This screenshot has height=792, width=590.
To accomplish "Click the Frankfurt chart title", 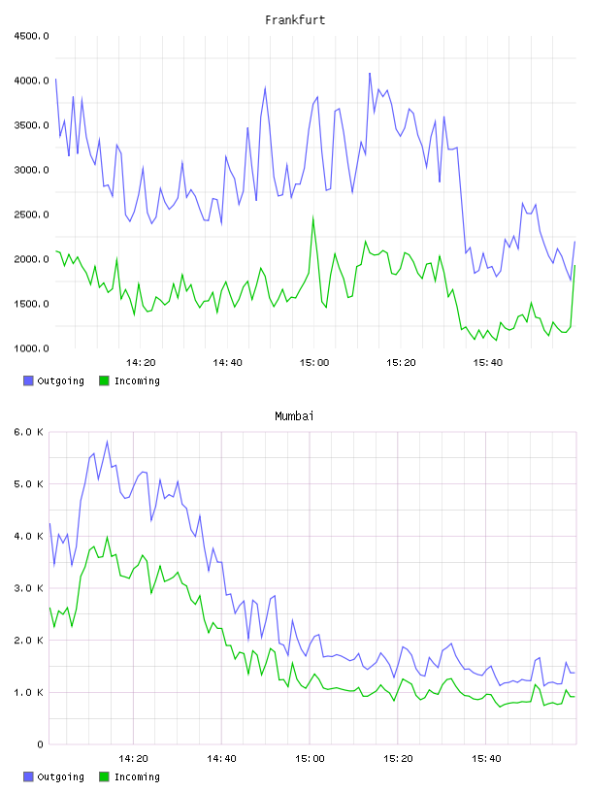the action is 295,20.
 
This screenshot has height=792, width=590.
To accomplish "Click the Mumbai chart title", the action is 294,416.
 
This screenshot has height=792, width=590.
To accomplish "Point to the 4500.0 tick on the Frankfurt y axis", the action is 31,36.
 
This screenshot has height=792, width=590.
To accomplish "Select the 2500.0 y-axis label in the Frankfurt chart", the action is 31,214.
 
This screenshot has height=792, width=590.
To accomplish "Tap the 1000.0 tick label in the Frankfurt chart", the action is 31,348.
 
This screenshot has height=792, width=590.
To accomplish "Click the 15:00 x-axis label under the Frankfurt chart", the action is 314,363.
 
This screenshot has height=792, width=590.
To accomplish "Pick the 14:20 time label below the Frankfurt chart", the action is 141,363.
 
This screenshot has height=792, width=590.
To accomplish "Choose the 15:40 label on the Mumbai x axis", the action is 486,759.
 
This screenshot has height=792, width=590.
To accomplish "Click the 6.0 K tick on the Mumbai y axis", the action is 28,432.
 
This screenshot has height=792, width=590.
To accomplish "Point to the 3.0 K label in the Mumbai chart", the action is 28,588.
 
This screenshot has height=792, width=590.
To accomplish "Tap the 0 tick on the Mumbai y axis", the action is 40,744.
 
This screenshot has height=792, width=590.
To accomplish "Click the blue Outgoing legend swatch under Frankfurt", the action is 28,380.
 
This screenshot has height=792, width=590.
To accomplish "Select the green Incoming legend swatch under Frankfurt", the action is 104,380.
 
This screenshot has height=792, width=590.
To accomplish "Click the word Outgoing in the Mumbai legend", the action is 60,776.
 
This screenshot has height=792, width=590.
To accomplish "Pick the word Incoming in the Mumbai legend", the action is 137,776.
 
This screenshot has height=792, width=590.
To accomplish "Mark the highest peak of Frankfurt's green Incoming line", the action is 313,217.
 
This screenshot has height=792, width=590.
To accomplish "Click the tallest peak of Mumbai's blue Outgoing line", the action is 107,442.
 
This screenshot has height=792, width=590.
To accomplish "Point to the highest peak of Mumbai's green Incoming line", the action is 107,537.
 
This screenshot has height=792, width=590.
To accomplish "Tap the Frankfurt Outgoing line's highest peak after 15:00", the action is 370,73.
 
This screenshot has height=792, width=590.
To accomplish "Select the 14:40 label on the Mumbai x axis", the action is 221,759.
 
